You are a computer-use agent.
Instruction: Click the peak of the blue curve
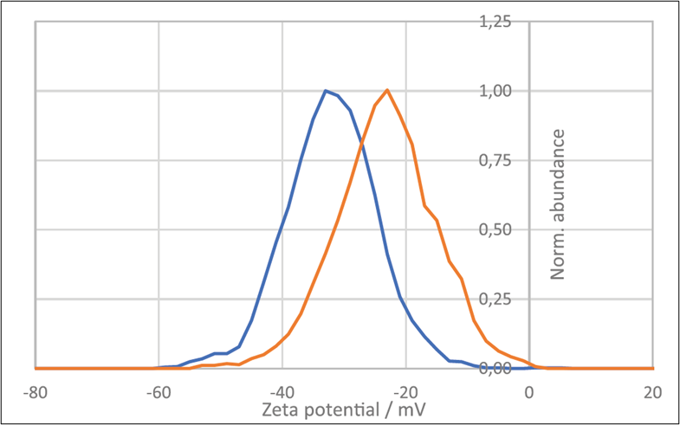[325, 90]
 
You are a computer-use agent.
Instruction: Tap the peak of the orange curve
[386, 90]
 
